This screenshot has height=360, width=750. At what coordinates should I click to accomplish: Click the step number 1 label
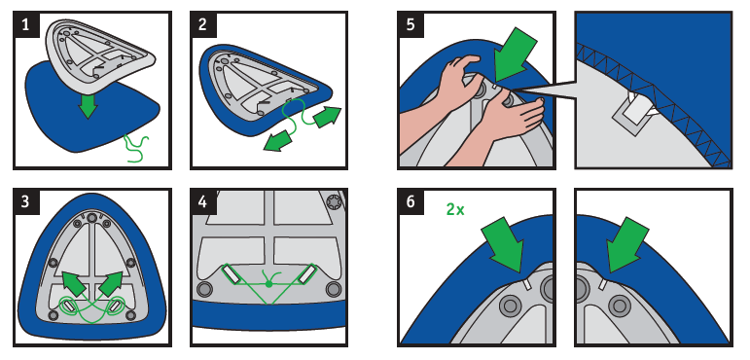[25, 24]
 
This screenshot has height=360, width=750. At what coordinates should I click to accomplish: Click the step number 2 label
[202, 24]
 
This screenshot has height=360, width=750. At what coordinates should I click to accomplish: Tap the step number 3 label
[25, 201]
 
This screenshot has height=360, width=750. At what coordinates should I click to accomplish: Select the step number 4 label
[202, 201]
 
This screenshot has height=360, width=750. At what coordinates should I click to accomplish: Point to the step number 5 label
[411, 24]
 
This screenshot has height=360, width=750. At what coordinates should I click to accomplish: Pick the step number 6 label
[411, 201]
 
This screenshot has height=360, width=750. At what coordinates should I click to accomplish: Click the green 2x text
[455, 209]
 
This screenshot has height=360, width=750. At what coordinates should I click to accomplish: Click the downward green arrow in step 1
[88, 105]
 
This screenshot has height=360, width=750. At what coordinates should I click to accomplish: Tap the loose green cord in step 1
[136, 149]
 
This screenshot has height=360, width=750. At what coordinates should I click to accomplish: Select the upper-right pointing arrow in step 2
[327, 117]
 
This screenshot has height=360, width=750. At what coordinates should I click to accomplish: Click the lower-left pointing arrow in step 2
[278, 142]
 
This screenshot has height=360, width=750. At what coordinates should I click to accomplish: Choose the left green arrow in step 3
[75, 283]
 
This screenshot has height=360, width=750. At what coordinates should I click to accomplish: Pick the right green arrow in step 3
[111, 283]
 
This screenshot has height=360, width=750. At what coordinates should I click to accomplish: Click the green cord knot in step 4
[268, 284]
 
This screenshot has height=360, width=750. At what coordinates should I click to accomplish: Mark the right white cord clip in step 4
[305, 274]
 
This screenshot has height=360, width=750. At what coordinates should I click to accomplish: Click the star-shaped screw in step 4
[333, 202]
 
